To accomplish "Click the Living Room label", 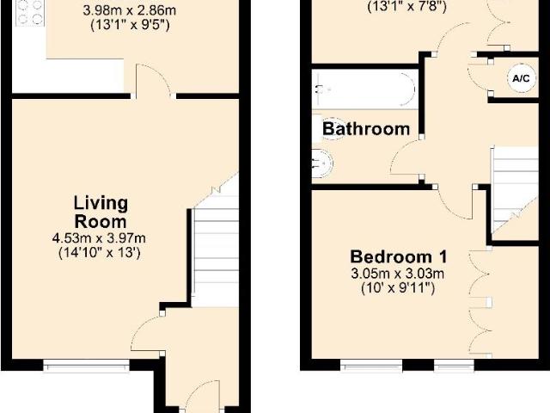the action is pos(101,213).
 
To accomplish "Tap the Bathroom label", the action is pos(366,129).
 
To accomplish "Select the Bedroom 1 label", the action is pos(399,256).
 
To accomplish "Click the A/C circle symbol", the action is pos(522,78).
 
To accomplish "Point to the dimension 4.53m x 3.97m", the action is pos(99,238).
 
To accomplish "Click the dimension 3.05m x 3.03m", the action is pos(398,274).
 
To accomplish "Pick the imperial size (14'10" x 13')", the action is pos(100,253).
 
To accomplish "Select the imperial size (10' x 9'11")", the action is pos(398,289).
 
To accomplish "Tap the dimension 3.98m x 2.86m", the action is pos(130,10).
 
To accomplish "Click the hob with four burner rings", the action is pos(30,13).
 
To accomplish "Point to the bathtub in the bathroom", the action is pos(364,89).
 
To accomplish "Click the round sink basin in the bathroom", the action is pos(322,163).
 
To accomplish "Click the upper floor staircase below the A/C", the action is pos(514,188).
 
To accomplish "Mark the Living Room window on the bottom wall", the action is pos(86,365).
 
